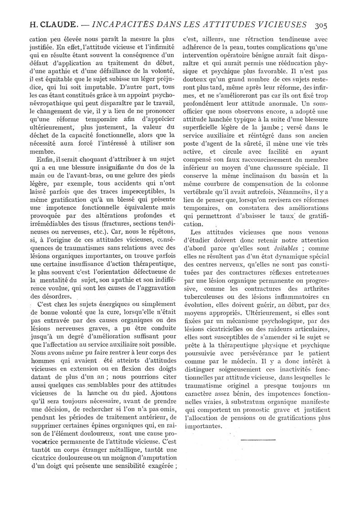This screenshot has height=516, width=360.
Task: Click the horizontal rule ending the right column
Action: click(258, 438)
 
